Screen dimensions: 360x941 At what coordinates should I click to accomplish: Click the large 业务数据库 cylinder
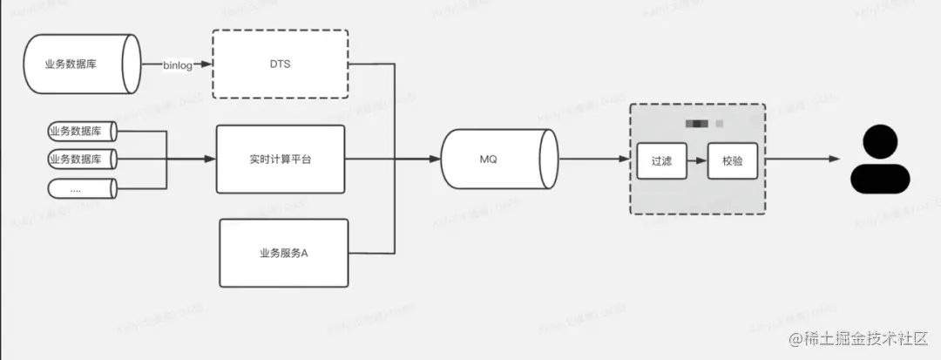pyautogui.click(x=84, y=64)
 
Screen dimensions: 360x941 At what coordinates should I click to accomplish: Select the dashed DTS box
pyautogui.click(x=280, y=64)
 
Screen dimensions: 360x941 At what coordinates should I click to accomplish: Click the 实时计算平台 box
pyautogui.click(x=280, y=160)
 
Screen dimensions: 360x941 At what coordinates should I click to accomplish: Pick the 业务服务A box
pyautogui.click(x=283, y=253)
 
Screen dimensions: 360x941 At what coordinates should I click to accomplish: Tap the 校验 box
pyautogui.click(x=732, y=160)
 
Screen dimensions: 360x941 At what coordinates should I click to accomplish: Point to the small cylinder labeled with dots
pyautogui.click(x=81, y=187)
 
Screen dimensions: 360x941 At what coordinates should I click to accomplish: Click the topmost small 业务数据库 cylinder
pyautogui.click(x=81, y=132)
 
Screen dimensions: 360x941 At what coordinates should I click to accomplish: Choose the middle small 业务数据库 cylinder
pyautogui.click(x=81, y=160)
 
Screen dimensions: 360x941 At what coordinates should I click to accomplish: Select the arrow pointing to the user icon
pyautogui.click(x=802, y=160)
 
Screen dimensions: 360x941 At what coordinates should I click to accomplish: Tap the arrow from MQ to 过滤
pyautogui.click(x=595, y=160)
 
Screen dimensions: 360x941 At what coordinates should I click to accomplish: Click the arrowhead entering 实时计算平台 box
pyautogui.click(x=210, y=160)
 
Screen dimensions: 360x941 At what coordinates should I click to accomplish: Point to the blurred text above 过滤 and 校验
pyautogui.click(x=697, y=124)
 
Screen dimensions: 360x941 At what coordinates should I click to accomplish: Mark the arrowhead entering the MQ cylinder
pyautogui.click(x=435, y=160)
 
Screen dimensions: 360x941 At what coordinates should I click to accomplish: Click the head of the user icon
pyautogui.click(x=883, y=139)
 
